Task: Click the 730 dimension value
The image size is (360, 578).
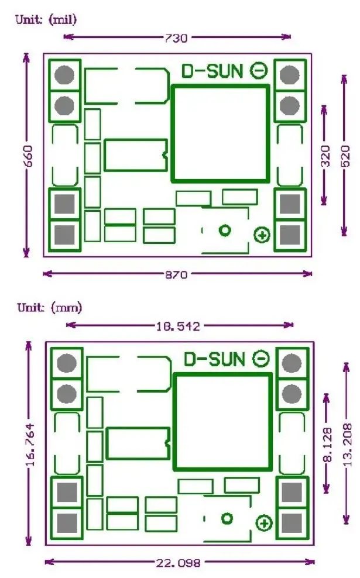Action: (176, 37)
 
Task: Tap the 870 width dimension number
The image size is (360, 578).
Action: (176, 274)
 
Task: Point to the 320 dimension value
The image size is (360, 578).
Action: (325, 156)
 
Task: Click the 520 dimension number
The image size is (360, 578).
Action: (345, 156)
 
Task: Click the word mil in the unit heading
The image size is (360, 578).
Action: (63, 19)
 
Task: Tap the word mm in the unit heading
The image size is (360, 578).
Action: (66, 308)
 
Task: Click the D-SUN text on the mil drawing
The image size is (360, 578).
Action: (212, 71)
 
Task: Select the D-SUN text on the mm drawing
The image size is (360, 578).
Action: (214, 359)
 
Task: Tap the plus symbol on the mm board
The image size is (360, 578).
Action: (264, 524)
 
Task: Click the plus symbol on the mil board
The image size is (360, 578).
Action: (262, 235)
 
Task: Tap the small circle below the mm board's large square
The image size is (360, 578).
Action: (227, 519)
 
